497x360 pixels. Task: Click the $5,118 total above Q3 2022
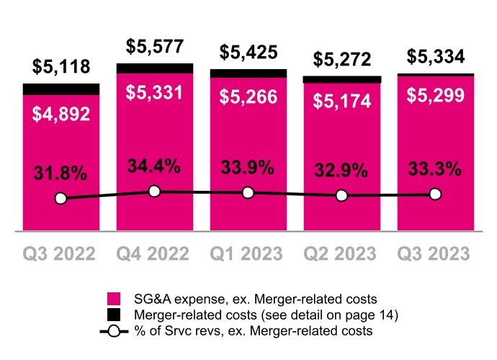[x=61, y=68]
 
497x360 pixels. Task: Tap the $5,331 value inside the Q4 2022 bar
[x=155, y=94]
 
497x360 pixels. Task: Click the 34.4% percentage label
[x=155, y=167]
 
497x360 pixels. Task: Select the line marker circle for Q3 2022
[x=61, y=198]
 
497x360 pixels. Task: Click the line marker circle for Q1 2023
[x=248, y=192]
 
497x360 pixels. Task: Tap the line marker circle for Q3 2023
[x=435, y=194]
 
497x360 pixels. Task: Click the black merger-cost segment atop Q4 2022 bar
[x=155, y=68]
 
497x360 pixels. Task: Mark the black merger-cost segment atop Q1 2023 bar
[x=248, y=73]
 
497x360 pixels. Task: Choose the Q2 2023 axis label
[x=341, y=254]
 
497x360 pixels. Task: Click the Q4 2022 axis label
[x=155, y=254]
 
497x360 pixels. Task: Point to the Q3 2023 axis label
[x=435, y=254]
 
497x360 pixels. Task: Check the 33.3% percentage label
[x=435, y=170]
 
